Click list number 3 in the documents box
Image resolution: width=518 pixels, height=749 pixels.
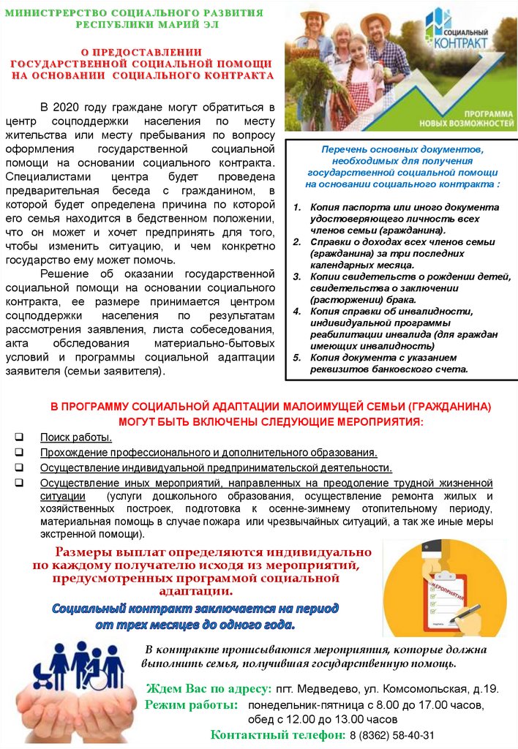click(x=297, y=276)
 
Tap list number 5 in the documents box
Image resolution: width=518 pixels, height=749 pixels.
click(x=297, y=358)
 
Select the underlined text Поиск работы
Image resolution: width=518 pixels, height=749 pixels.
click(x=76, y=437)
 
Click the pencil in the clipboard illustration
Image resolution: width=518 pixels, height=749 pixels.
click(x=469, y=611)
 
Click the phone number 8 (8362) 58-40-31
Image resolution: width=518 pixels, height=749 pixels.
click(x=391, y=735)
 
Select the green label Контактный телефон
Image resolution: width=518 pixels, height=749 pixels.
click(x=277, y=735)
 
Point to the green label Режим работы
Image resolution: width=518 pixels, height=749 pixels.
click(x=192, y=705)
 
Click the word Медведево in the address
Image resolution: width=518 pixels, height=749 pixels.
click(x=326, y=689)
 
